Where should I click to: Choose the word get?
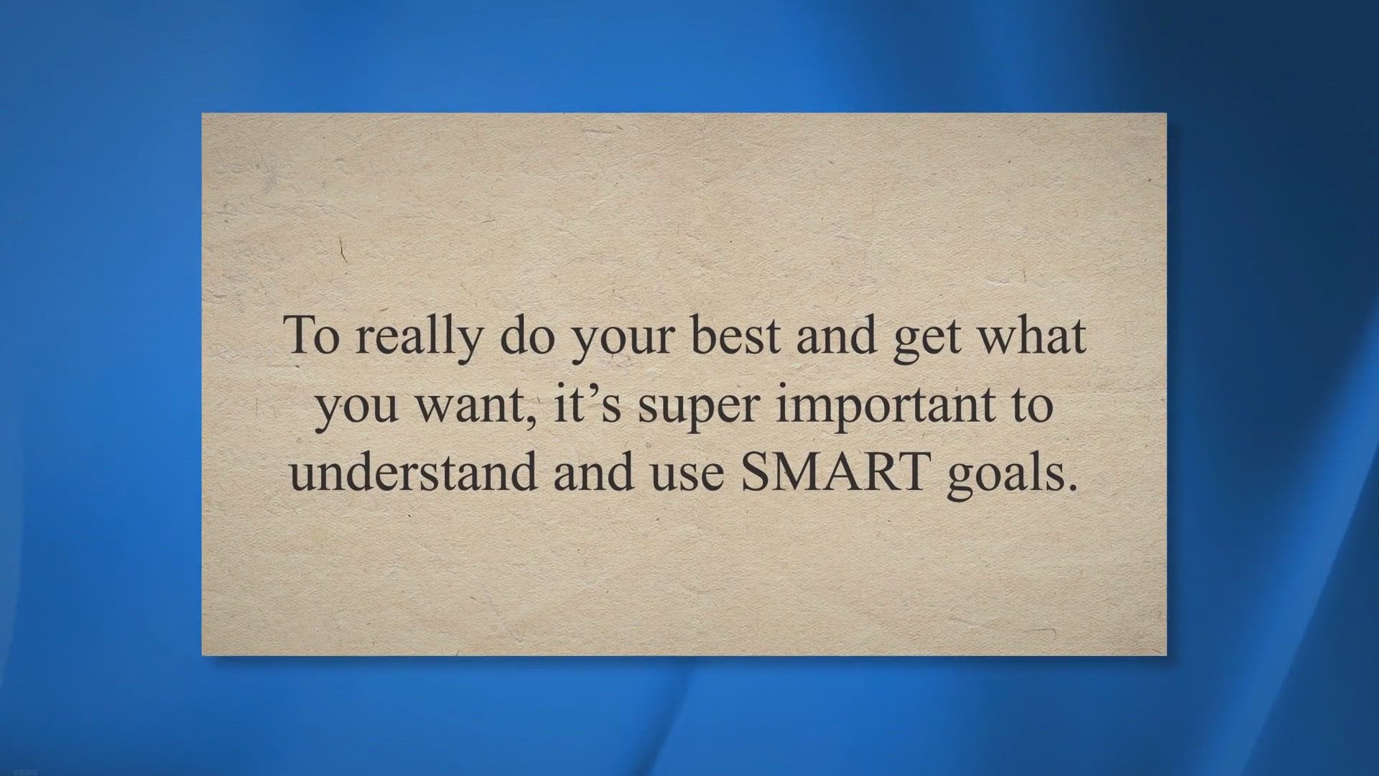pyautogui.click(x=927, y=342)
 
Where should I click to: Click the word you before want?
pyautogui.click(x=357, y=410)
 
